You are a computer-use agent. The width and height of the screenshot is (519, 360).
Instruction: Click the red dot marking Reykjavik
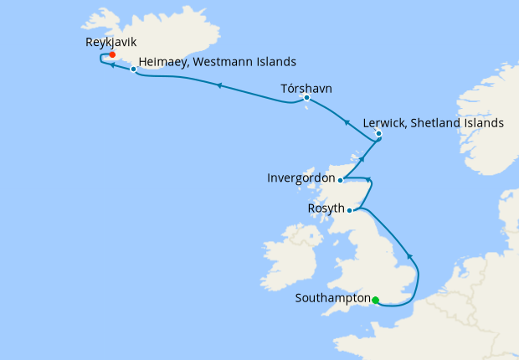coord(111,55)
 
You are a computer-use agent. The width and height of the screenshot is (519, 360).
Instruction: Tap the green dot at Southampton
coord(376,300)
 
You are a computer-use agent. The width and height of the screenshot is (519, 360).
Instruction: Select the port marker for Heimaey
coord(134,69)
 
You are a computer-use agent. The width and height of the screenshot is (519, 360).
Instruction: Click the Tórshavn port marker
coord(307,98)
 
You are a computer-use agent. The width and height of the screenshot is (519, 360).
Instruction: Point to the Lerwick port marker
coord(378,133)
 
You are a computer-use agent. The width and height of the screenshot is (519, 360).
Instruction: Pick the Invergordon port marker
coord(340,179)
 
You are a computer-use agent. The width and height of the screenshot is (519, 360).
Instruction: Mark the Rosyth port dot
coord(349,210)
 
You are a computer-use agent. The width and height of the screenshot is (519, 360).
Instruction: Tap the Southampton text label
coord(333,298)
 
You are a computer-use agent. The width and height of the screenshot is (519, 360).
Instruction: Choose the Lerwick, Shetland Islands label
coord(433,123)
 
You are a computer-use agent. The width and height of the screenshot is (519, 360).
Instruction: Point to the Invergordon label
coord(300,178)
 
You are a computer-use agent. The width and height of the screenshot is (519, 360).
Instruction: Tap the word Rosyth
coord(326,209)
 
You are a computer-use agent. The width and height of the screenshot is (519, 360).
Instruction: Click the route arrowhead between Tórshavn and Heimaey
coord(219,85)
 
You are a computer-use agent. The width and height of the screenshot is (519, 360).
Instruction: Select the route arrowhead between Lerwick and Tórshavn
coord(347,122)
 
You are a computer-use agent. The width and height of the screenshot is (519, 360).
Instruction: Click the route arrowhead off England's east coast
coord(409,255)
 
